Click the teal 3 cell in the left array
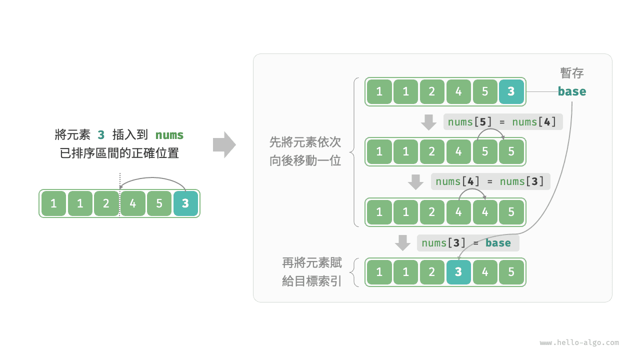coord(185,203)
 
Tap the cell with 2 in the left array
coord(106,203)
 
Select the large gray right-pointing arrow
coord(224,144)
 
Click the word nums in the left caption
coord(169,135)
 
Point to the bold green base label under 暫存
coord(572,91)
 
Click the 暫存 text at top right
coord(572,73)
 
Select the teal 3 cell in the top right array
coord(511,91)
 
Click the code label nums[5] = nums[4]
coord(502,121)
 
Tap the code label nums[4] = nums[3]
coord(490,181)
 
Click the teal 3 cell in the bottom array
coord(458,272)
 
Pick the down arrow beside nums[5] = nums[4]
coord(428,122)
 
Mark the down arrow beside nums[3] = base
coord(402,243)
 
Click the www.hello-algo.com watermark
coord(579,343)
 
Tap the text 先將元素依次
coord(305,142)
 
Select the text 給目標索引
coord(312,281)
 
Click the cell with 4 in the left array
coord(132,203)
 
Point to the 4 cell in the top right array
coord(458,91)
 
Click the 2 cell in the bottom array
coord(432,272)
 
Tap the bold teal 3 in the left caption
coord(101,135)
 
